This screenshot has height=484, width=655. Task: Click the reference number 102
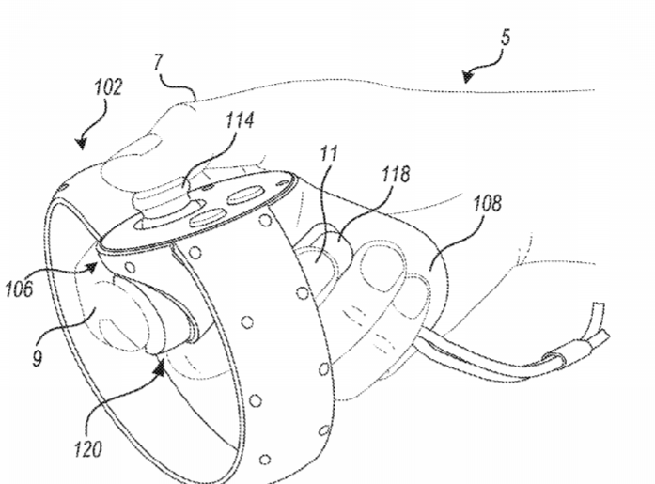108,87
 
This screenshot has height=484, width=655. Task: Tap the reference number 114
240,120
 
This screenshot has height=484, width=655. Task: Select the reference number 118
396,174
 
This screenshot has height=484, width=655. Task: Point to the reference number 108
487,203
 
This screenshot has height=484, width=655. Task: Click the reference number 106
19,289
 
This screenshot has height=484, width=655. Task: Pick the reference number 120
87,449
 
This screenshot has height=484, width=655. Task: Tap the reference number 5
506,38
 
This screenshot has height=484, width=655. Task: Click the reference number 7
158,62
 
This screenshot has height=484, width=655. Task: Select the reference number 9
38,358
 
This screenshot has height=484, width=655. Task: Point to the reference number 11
329,154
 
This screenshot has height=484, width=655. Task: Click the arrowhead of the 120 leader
160,367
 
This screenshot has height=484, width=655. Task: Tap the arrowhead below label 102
82,143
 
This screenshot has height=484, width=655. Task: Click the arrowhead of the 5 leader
468,76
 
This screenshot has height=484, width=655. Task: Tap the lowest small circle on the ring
265,460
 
